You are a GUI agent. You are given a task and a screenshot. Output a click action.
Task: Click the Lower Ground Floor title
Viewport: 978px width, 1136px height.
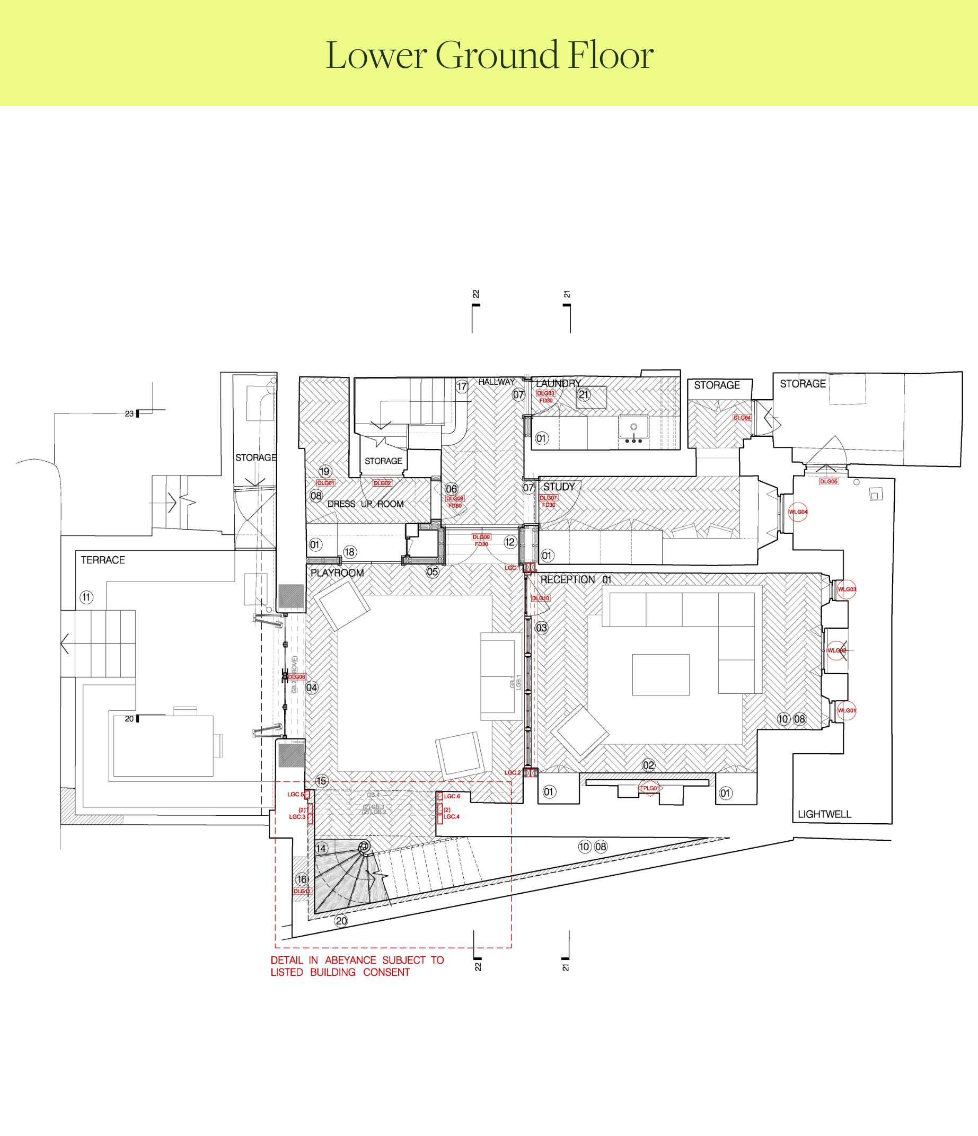[489, 55]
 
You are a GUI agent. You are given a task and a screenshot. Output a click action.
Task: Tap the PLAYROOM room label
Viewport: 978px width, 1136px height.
[337, 573]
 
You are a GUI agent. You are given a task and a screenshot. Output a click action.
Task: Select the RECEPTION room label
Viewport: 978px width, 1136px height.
[567, 579]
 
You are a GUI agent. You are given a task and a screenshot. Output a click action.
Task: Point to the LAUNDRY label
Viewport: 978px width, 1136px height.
[558, 383]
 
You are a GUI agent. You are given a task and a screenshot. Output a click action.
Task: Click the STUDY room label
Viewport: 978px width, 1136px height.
[559, 487]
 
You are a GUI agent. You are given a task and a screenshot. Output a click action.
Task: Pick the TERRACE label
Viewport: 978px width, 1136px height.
[103, 560]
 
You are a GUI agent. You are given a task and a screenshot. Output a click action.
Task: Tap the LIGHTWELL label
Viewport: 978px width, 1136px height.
[824, 814]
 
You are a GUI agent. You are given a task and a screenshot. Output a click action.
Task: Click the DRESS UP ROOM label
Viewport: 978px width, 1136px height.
[365, 504]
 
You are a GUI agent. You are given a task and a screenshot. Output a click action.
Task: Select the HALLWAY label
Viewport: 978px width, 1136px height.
[497, 382]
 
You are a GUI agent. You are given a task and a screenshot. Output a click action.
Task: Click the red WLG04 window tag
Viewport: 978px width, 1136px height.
[798, 512]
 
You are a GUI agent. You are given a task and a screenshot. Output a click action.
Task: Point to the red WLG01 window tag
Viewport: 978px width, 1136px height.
[847, 710]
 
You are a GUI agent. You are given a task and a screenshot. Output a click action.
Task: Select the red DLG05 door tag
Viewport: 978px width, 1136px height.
[829, 481]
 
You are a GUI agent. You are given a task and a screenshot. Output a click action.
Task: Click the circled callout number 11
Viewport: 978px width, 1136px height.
[86, 597]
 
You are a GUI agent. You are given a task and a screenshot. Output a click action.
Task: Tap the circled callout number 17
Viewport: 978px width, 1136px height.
[462, 386]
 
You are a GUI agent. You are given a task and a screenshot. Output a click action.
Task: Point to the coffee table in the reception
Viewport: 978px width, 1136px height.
[660, 675]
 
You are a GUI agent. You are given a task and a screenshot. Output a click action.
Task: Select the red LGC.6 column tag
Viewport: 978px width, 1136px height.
[452, 796]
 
